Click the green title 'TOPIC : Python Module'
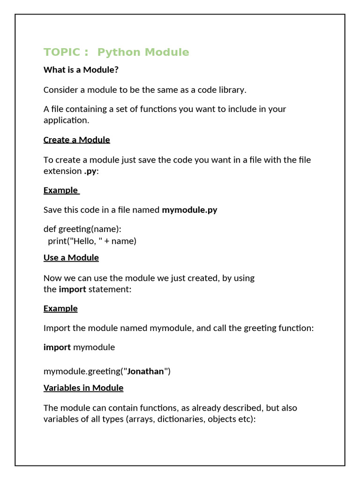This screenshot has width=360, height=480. pos(116,52)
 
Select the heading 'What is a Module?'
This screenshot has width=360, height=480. pos(81,70)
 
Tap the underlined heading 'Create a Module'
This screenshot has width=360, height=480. pos(77,140)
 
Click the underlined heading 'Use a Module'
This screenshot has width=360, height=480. pos(71,257)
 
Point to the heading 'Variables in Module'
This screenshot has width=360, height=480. pos(83,388)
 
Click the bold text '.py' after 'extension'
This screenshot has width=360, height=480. pos(90,171)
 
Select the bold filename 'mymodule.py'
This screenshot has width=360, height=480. pos(189,210)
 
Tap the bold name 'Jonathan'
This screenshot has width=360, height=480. pos(146,371)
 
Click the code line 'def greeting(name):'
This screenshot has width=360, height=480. pos(82,229)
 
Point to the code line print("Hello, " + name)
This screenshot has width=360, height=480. pos(92,241)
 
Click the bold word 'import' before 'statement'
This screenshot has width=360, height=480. pos(72,289)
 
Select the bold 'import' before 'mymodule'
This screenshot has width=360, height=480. pos(57,347)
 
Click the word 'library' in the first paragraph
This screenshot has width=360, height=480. pos(231,90)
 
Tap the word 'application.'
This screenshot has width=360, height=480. pos(66,120)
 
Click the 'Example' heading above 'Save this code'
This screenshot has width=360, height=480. pos(61,190)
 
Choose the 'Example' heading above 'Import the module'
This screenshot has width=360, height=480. pos(60,308)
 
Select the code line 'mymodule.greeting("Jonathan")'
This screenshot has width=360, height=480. pos(107,371)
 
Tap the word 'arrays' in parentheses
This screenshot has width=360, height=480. pos(141,419)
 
